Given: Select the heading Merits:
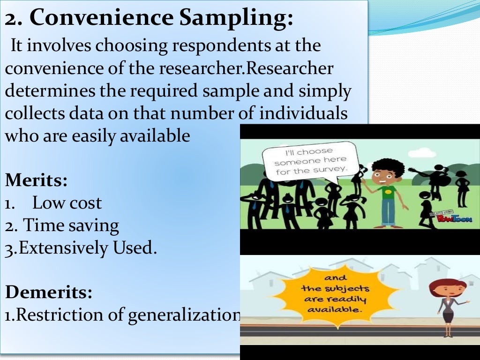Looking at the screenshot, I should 36,180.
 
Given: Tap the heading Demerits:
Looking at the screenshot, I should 49,292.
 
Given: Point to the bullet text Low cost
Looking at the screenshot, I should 67,203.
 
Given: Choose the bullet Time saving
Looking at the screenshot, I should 71,225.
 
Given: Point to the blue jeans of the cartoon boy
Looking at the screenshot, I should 388,215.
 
